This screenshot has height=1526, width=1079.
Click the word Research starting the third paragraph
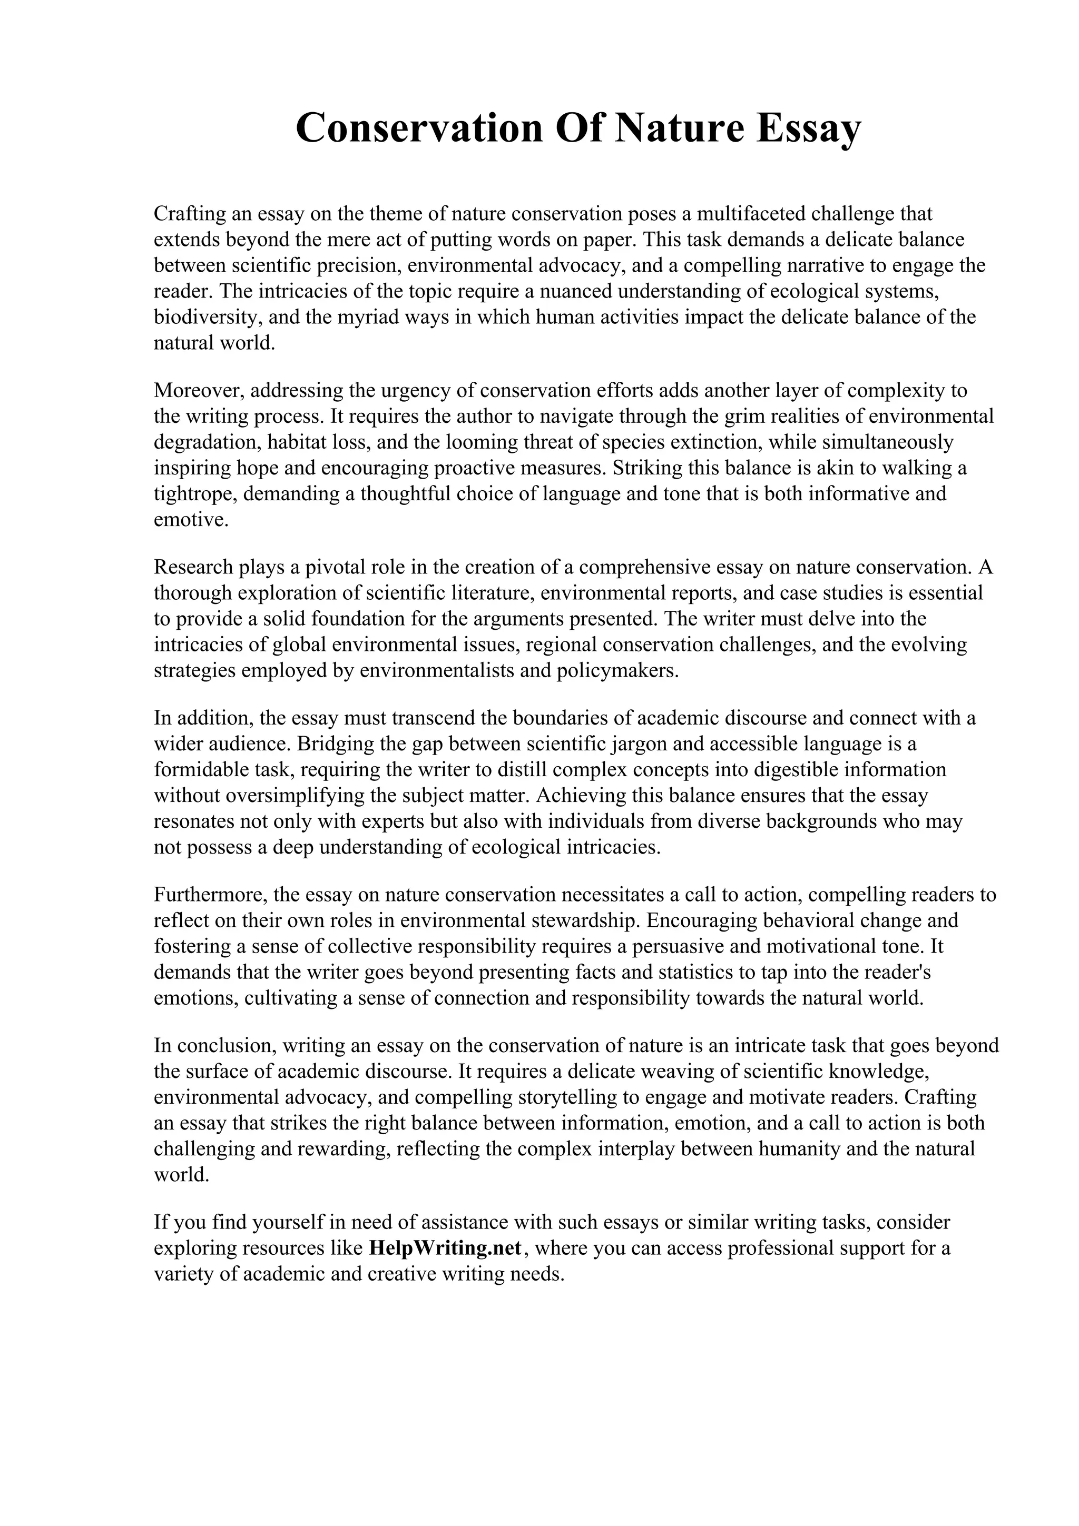click(x=193, y=567)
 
